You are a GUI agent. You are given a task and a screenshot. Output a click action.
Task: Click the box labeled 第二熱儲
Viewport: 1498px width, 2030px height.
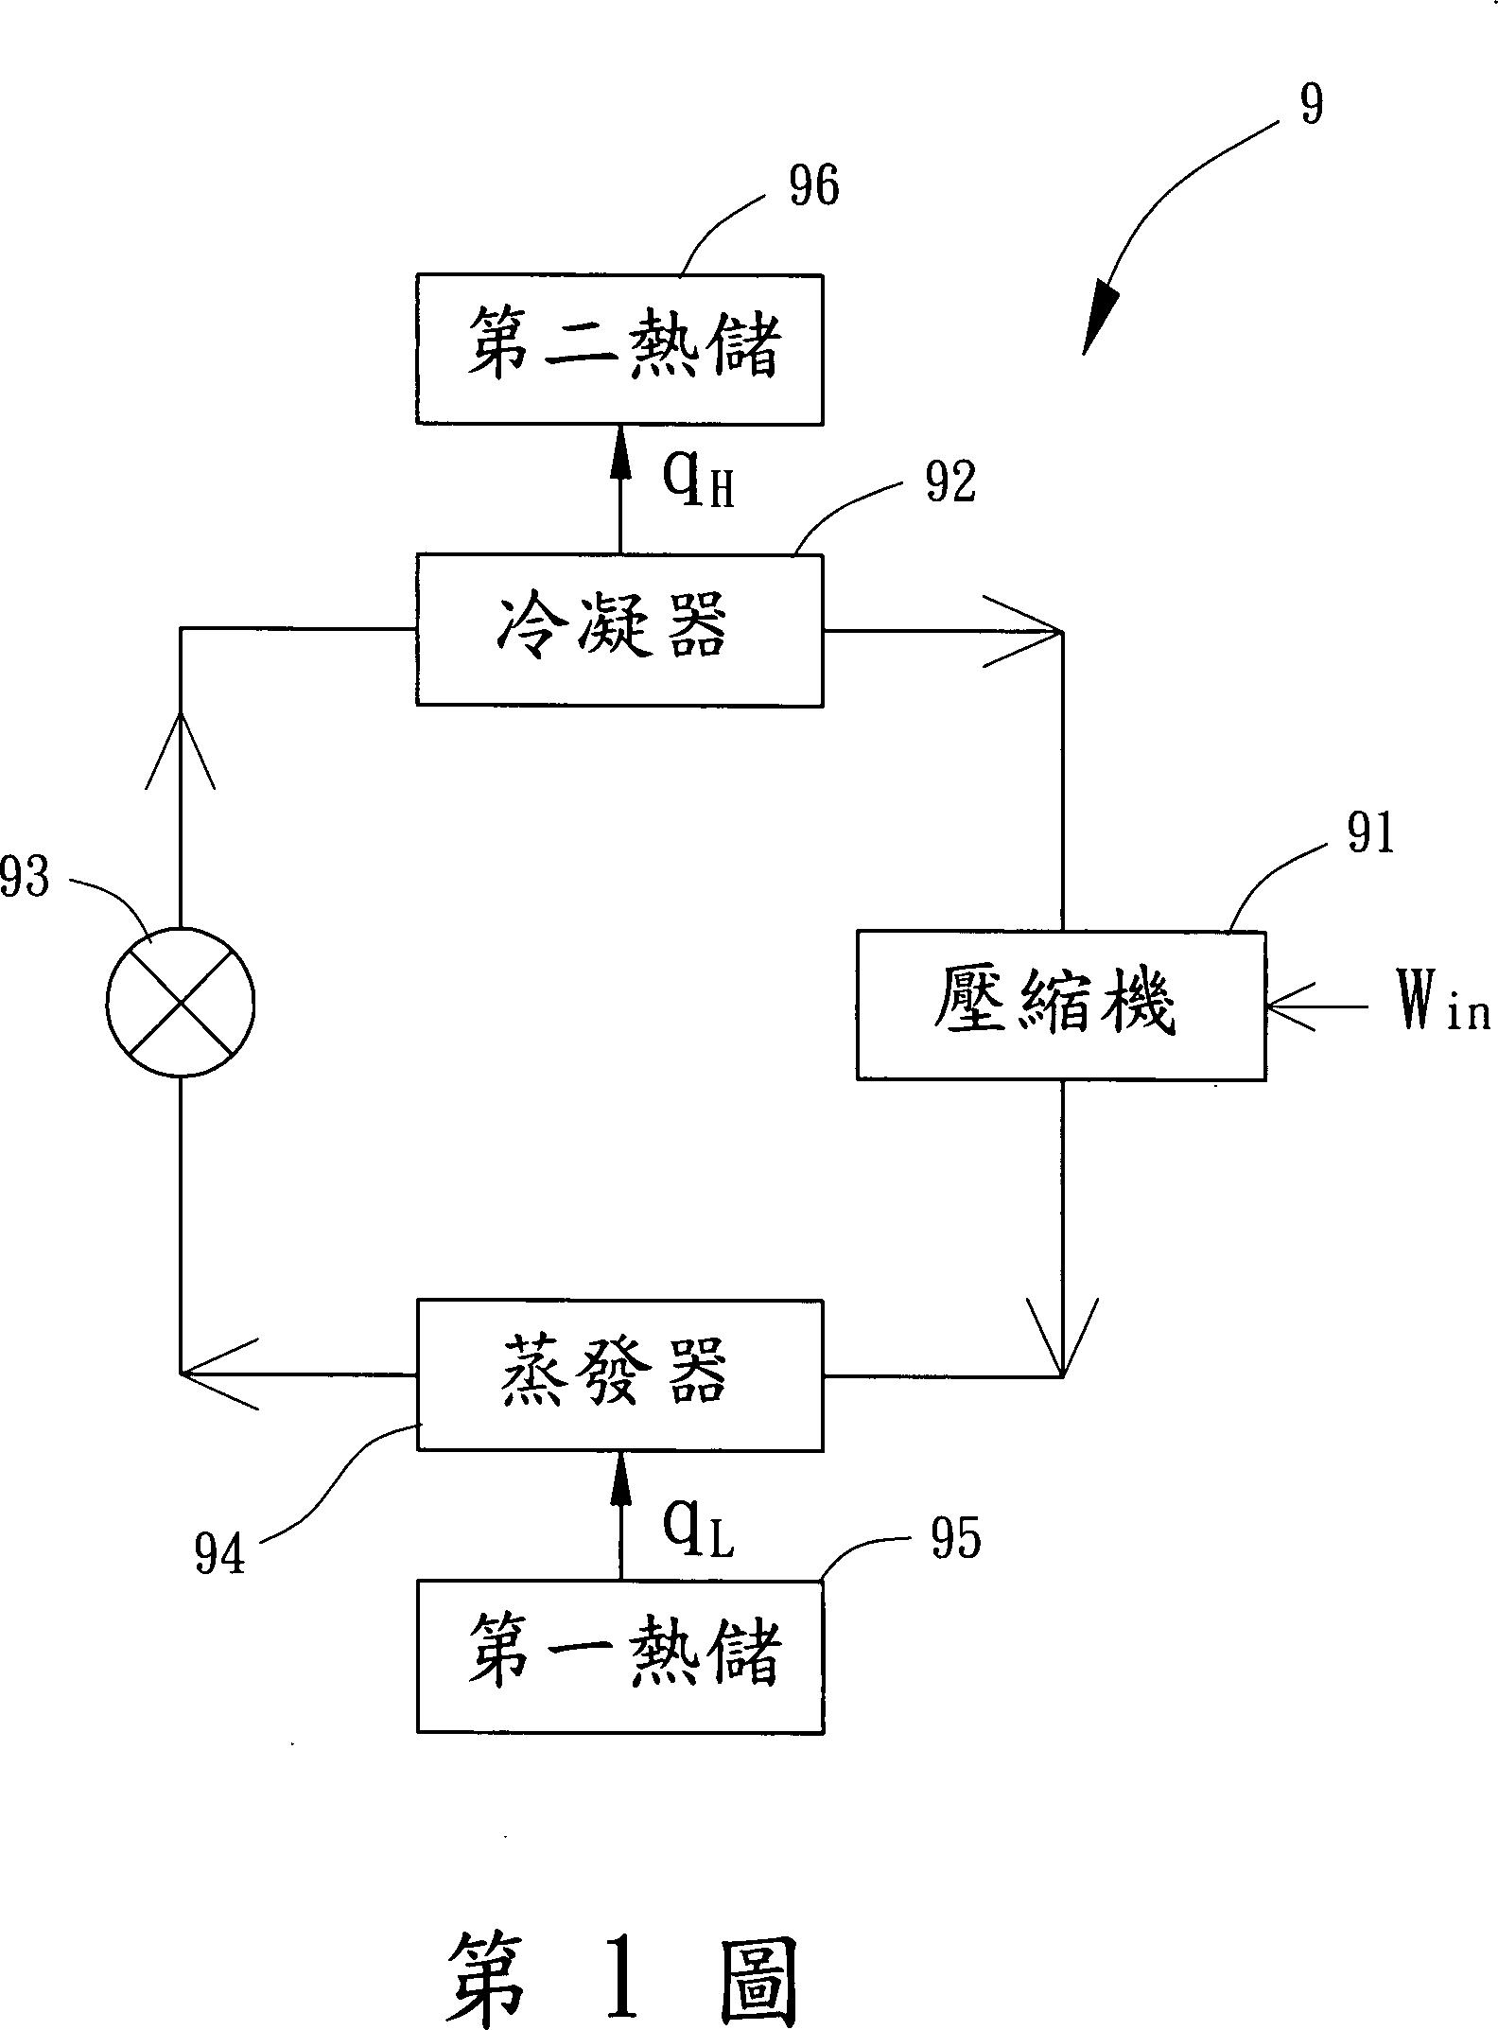[619, 349]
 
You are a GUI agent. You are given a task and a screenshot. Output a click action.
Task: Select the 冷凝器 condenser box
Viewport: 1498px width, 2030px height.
[619, 630]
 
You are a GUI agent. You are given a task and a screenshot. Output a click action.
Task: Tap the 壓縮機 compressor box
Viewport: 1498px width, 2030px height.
[1060, 1006]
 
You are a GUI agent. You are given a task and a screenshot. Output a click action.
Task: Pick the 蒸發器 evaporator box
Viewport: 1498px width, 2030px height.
[619, 1374]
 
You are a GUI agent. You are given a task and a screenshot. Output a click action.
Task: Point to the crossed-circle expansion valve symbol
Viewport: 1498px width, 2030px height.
[180, 1002]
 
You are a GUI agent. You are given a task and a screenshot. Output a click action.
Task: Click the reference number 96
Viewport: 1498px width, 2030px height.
[813, 186]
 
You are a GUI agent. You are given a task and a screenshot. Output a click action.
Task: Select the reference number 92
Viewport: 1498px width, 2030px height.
[949, 484]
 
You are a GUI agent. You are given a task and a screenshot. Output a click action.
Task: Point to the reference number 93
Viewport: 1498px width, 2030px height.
[25, 878]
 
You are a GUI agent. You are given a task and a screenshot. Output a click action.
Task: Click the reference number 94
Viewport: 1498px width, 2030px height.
[219, 1553]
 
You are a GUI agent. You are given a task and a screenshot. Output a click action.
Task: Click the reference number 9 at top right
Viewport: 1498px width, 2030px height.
[1311, 104]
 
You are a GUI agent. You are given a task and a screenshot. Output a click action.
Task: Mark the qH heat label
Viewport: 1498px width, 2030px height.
[698, 481]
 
